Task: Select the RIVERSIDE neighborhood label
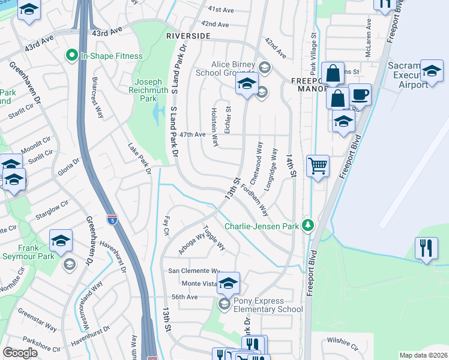(x=188, y=36)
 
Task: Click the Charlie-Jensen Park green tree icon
(x=308, y=226)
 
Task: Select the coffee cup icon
(x=360, y=94)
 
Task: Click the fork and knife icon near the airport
(x=426, y=248)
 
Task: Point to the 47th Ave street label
(x=193, y=135)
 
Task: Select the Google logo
(x=20, y=352)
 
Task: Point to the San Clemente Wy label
(x=194, y=271)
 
